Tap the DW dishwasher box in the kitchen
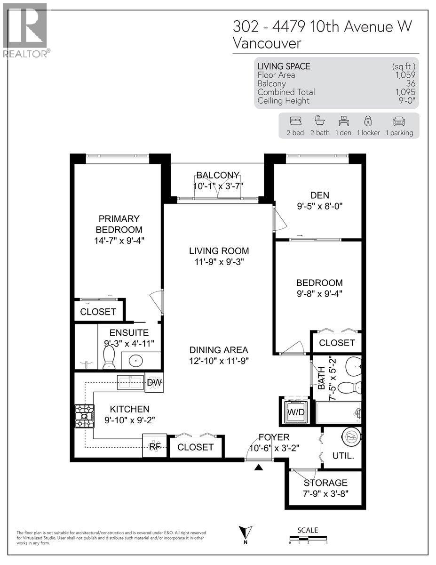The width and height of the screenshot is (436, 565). pyautogui.click(x=154, y=383)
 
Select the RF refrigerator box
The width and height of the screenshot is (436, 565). pyautogui.click(x=154, y=446)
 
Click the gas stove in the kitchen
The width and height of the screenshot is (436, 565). pyautogui.click(x=84, y=417)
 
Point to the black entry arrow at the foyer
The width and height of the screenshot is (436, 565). pyautogui.click(x=258, y=467)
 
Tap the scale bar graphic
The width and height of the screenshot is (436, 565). pyautogui.click(x=308, y=537)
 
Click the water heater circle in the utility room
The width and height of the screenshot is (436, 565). pyautogui.click(x=351, y=437)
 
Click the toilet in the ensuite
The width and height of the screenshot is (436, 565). pyautogui.click(x=109, y=358)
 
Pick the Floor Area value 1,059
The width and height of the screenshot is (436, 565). pyautogui.click(x=406, y=75)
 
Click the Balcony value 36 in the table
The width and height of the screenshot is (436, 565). pyautogui.click(x=410, y=83)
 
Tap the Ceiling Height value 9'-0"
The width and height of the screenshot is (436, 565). pyautogui.click(x=405, y=101)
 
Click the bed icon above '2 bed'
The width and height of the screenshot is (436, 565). pyautogui.click(x=295, y=121)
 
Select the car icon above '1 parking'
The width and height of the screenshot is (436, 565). pyautogui.click(x=399, y=121)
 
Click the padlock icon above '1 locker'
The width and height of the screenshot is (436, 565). pyautogui.click(x=368, y=121)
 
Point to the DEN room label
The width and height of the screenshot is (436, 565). pyautogui.click(x=319, y=195)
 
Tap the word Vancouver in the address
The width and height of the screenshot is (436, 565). pyautogui.click(x=267, y=43)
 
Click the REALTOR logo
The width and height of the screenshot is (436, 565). pyautogui.click(x=25, y=31)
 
